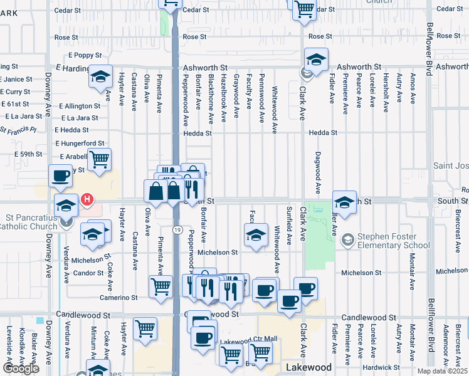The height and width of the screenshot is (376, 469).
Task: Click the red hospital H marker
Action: click(88, 200)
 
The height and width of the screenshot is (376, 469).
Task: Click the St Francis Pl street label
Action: click(18, 131)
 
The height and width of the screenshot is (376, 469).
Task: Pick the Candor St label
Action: click(88, 273)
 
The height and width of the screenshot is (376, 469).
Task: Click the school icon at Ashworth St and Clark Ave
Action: click(317, 60)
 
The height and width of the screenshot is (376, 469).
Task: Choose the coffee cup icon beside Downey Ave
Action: click(61, 176)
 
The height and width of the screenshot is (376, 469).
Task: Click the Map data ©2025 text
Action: click(443, 371)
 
